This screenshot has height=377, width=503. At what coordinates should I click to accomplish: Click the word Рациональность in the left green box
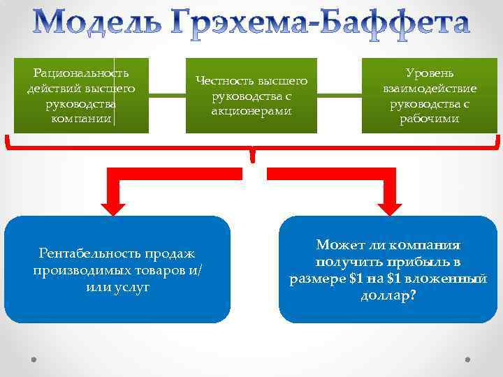click(x=82, y=73)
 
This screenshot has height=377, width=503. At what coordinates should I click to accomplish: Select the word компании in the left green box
click(x=82, y=119)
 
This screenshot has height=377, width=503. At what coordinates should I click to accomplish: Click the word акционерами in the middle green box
click(x=251, y=111)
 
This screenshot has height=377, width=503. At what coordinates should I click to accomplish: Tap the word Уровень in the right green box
click(x=430, y=73)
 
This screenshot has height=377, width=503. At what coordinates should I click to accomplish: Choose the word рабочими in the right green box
click(x=430, y=119)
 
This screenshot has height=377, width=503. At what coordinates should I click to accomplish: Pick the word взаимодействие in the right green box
click(x=430, y=89)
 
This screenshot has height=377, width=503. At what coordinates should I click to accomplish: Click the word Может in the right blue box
click(x=340, y=246)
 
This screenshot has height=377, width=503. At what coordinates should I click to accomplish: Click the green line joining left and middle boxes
click(x=168, y=96)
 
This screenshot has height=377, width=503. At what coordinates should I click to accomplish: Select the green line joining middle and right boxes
click(x=340, y=96)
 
